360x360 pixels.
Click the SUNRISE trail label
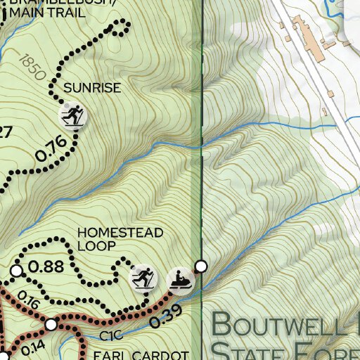pyautogui.click(x=92, y=89)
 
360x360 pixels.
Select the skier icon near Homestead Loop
pyautogui.click(x=143, y=278)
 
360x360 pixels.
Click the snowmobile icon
pyautogui.click(x=181, y=278)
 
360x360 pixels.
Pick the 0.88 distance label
pyautogui.click(x=48, y=267)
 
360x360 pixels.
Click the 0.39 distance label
pyautogui.click(x=167, y=312)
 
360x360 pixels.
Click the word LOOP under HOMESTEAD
pyautogui.click(x=92, y=246)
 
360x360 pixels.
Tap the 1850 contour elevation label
pyautogui.click(x=29, y=69)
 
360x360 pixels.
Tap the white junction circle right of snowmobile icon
pyautogui.click(x=202, y=266)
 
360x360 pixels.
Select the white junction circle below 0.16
pyautogui.click(x=51, y=324)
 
